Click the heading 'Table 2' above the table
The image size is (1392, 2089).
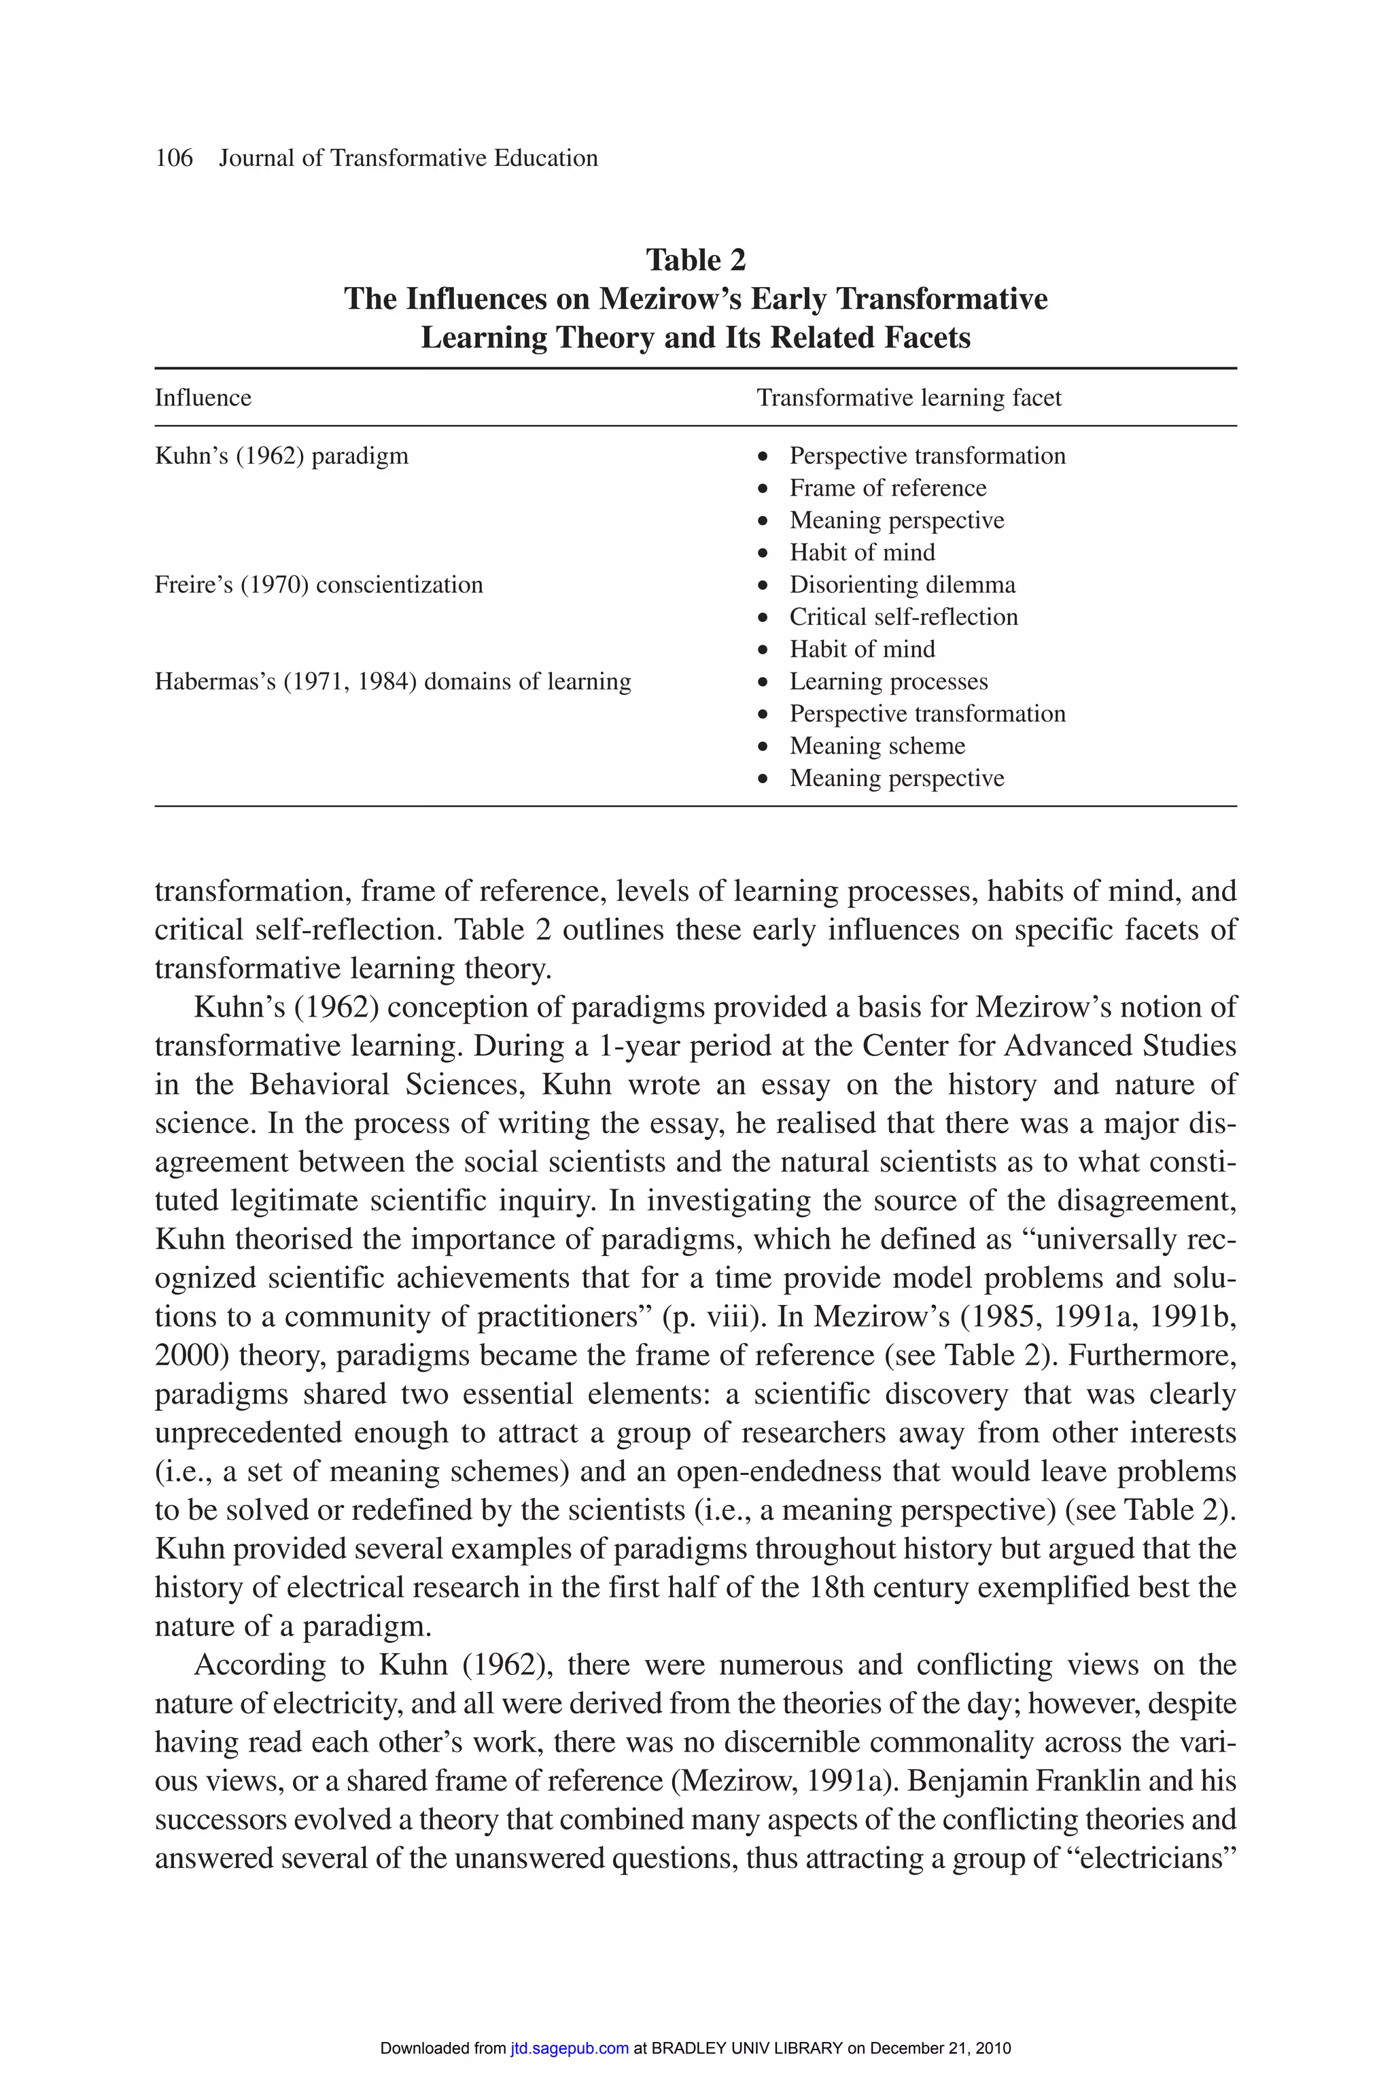coord(695,260)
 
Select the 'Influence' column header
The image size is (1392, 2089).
coord(203,398)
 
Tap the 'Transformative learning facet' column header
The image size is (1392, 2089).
coord(908,398)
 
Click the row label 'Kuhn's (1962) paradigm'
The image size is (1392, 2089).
coord(281,456)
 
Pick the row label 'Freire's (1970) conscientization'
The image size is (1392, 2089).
coord(319,585)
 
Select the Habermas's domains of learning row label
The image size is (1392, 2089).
coord(392,682)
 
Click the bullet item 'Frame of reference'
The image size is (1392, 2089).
coord(887,488)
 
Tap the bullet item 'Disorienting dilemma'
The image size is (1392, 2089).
coord(902,585)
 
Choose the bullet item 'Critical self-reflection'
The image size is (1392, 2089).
coord(903,617)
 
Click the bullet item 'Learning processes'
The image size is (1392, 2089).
coord(888,682)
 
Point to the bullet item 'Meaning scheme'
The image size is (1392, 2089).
coord(876,746)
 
